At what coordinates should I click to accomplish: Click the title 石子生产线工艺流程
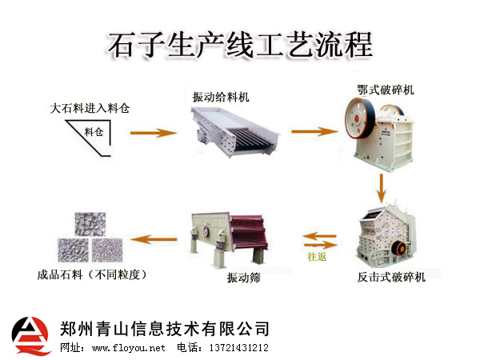click(x=240, y=44)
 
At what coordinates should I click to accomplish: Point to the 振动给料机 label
click(x=221, y=97)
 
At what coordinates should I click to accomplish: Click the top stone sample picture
click(x=90, y=225)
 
